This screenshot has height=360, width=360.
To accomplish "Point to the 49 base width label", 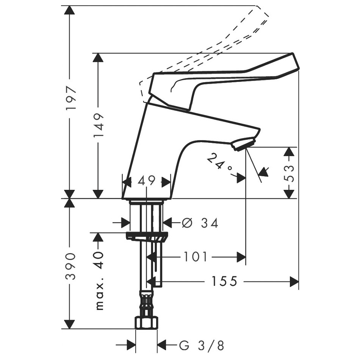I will point(146,181).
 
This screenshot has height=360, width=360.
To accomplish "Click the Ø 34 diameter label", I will point(200,223).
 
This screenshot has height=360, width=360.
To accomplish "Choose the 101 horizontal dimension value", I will point(196,257).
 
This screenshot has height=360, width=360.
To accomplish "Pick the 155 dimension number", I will point(224,281).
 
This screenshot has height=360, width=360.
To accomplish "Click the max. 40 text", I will point(99,280).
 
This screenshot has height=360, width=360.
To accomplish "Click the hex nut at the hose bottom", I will point(146,323).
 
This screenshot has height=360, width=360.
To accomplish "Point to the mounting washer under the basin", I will point(146,236).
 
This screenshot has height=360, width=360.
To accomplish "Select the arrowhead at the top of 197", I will point(69,11).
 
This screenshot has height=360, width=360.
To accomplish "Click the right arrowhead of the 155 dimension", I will point(294,281).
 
